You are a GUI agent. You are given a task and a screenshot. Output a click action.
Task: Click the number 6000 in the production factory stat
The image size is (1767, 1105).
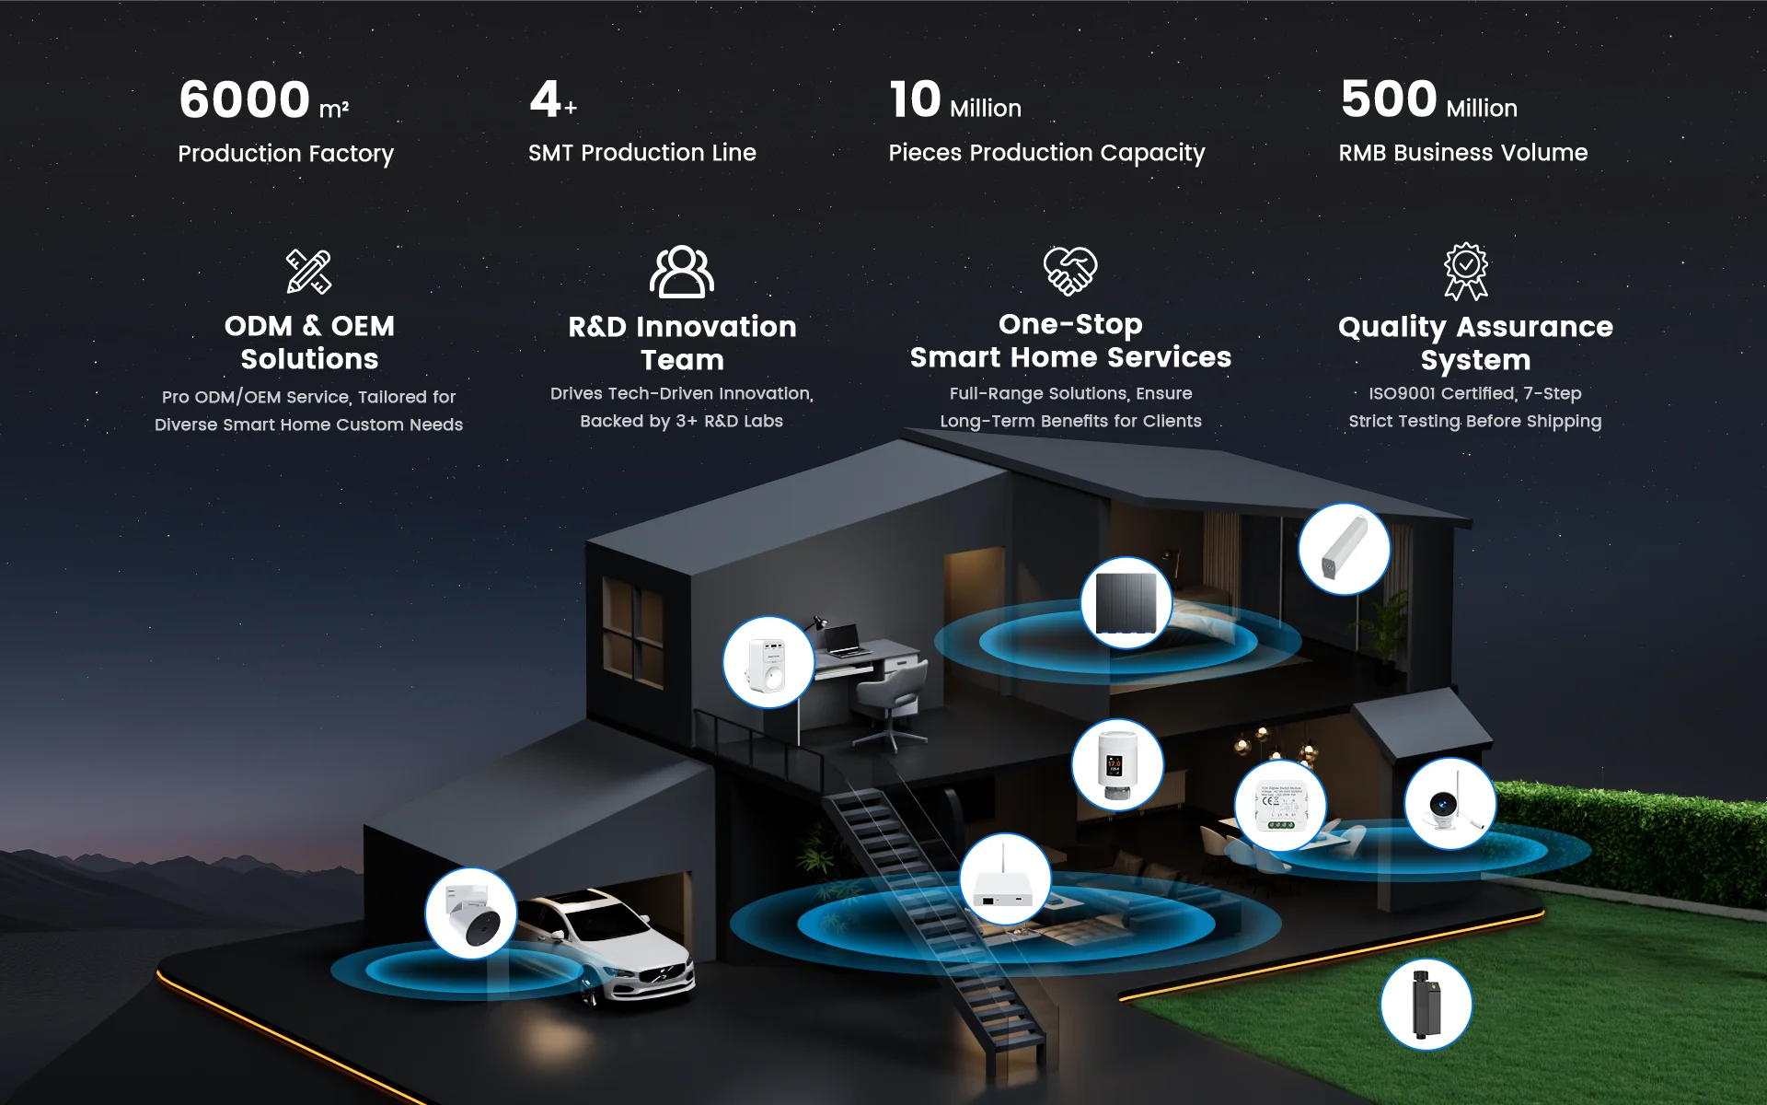click(244, 99)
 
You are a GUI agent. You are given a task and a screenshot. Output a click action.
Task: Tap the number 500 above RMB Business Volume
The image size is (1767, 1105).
click(1388, 99)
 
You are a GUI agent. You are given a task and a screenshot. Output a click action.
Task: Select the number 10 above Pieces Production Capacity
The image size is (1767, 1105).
click(915, 99)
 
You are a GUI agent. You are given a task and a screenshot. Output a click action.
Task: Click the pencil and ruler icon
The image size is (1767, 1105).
click(308, 272)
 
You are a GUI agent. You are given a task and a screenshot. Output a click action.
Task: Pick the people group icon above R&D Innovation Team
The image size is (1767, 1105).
click(682, 272)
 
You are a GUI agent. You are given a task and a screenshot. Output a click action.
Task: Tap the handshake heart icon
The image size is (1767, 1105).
click(1069, 271)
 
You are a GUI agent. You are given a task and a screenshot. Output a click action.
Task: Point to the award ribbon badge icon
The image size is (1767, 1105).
click(1465, 271)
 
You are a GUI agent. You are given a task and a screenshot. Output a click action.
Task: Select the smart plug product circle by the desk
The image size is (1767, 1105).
click(768, 662)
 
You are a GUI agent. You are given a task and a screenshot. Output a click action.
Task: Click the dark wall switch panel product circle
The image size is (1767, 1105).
click(1126, 603)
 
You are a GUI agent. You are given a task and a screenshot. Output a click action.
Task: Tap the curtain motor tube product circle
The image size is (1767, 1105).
click(1344, 549)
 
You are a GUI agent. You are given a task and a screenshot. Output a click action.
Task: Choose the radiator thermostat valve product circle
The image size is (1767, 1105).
click(1117, 765)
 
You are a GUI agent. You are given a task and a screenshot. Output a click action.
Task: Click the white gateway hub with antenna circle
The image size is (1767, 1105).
click(1005, 880)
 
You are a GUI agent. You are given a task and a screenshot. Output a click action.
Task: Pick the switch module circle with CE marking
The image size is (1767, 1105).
click(1279, 807)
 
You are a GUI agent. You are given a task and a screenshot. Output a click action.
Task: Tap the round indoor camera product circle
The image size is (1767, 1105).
click(1449, 804)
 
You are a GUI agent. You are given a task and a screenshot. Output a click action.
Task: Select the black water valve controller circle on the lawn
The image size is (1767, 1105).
click(1426, 1005)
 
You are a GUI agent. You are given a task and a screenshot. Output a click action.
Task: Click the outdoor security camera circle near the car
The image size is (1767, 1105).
click(470, 913)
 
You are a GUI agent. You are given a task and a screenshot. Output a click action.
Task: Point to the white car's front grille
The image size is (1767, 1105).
click(664, 975)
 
